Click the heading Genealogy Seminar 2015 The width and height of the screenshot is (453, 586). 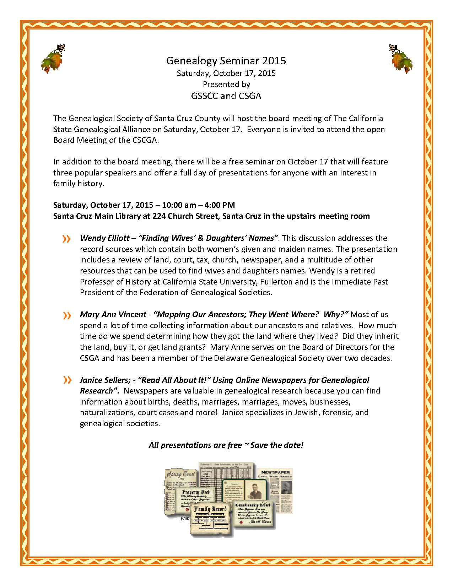(x=226, y=61)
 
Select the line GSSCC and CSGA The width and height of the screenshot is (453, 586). (x=226, y=96)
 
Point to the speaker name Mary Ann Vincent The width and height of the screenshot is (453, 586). (x=113, y=314)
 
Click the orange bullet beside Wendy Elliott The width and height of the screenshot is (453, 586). (x=66, y=239)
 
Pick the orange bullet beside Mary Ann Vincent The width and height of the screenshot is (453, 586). (x=66, y=315)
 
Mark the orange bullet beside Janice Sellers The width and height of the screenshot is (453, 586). (x=66, y=380)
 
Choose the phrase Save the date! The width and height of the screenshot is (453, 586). (x=277, y=445)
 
